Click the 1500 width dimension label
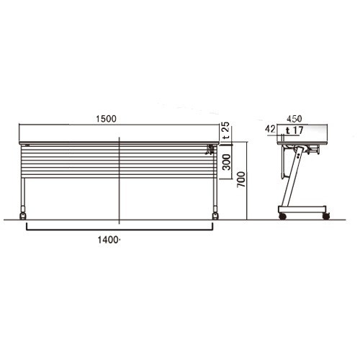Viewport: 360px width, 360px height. click(x=106, y=119)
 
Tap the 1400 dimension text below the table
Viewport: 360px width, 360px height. click(x=108, y=240)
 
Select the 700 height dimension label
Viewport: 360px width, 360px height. click(x=241, y=179)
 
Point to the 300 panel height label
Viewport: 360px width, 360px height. click(x=226, y=162)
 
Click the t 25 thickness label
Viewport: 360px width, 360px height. click(x=225, y=131)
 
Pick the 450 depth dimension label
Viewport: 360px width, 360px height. click(x=294, y=119)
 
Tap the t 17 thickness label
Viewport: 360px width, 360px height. click(x=294, y=130)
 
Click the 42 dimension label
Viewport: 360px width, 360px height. click(x=270, y=129)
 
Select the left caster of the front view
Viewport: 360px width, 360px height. click(x=23, y=216)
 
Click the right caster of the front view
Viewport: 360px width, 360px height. click(x=215, y=216)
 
